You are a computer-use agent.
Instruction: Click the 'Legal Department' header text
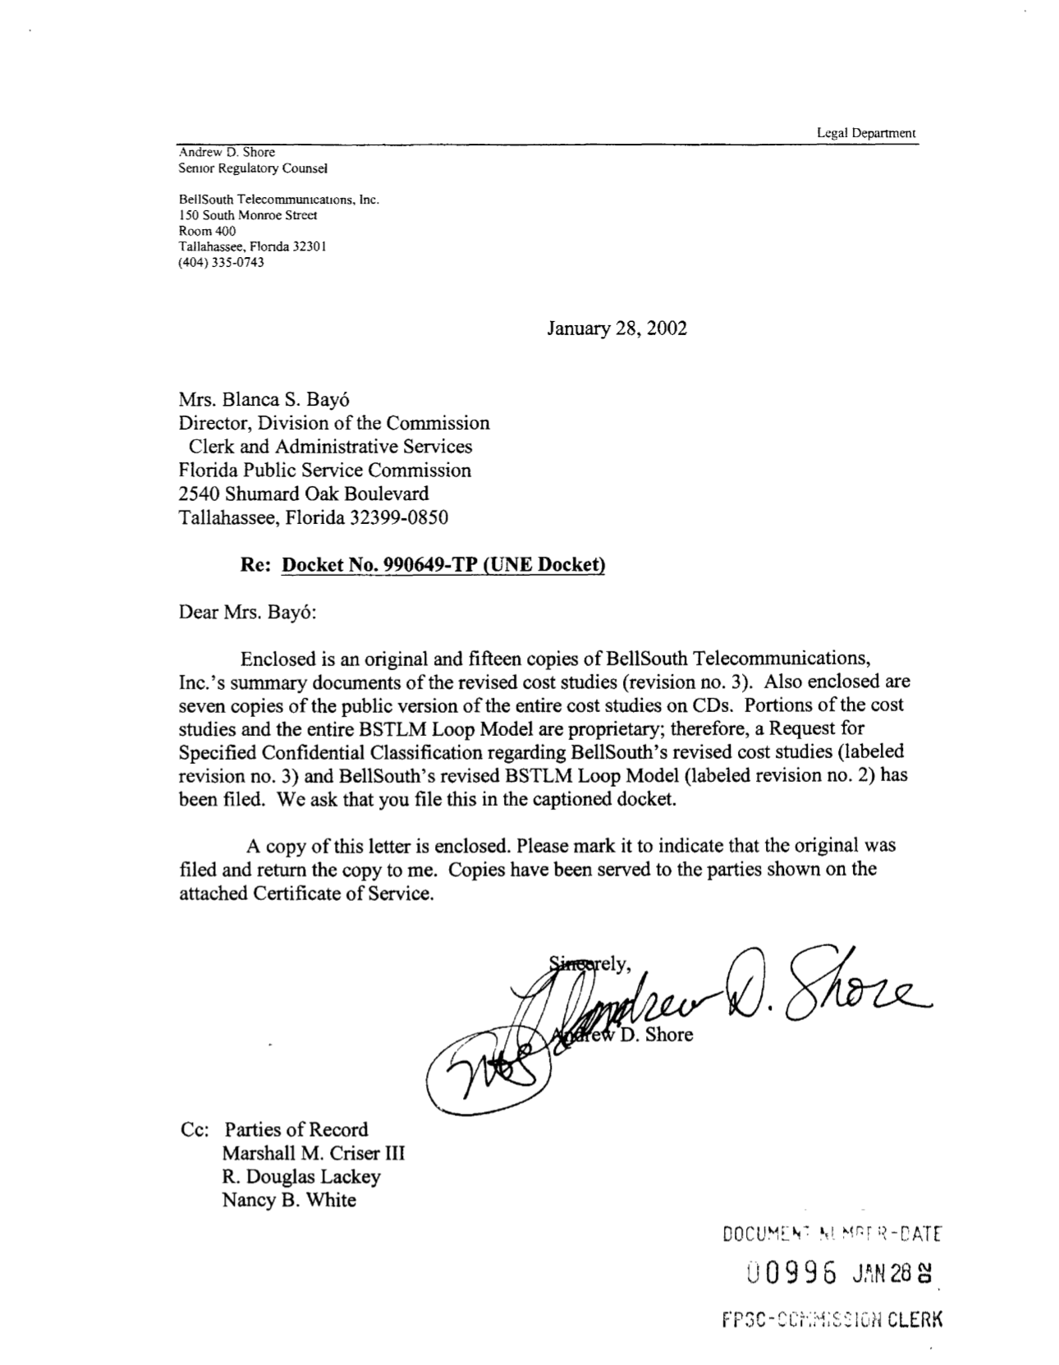pyautogui.click(x=866, y=133)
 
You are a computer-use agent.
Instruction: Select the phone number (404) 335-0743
pyautogui.click(x=222, y=263)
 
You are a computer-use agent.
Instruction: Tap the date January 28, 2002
pyautogui.click(x=617, y=329)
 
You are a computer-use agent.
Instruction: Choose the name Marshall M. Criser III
pyautogui.click(x=314, y=1153)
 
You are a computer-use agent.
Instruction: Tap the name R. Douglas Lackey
pyautogui.click(x=301, y=1177)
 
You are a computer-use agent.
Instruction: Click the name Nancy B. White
pyautogui.click(x=289, y=1200)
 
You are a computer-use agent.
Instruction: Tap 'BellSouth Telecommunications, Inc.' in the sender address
pyautogui.click(x=279, y=200)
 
